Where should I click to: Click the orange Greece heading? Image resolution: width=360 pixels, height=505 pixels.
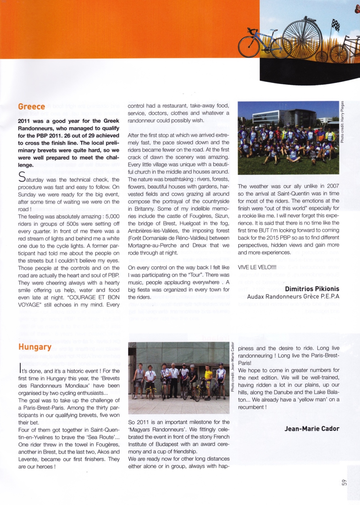(31, 107)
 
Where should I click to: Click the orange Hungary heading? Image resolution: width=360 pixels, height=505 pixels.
(35, 347)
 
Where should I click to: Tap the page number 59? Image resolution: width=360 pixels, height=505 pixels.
(344, 483)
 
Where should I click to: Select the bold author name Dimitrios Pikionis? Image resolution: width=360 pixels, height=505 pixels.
(312, 289)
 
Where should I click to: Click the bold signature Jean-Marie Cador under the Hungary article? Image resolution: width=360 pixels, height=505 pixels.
(312, 429)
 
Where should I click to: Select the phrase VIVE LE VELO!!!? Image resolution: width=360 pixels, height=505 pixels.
(257, 267)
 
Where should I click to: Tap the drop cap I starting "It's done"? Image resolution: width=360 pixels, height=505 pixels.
(20, 368)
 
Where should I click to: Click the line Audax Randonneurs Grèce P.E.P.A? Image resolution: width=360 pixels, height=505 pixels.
(293, 296)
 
